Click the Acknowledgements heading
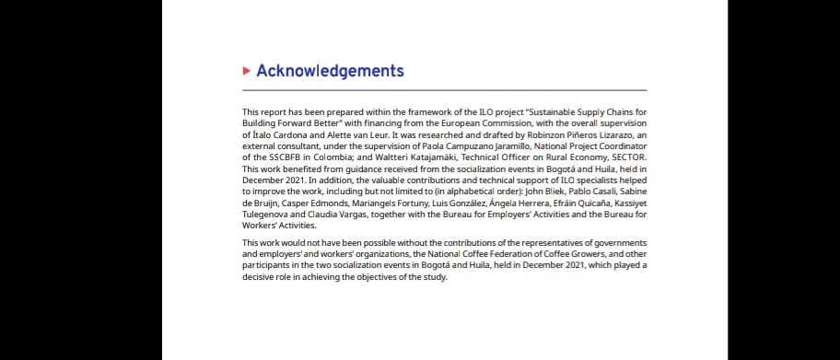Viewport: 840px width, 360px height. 330,71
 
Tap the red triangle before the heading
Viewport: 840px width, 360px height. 246,71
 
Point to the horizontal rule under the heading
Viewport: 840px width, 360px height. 444,90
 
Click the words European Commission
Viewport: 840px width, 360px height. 503,123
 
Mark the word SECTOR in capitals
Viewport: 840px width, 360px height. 626,157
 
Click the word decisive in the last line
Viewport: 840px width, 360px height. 260,277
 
